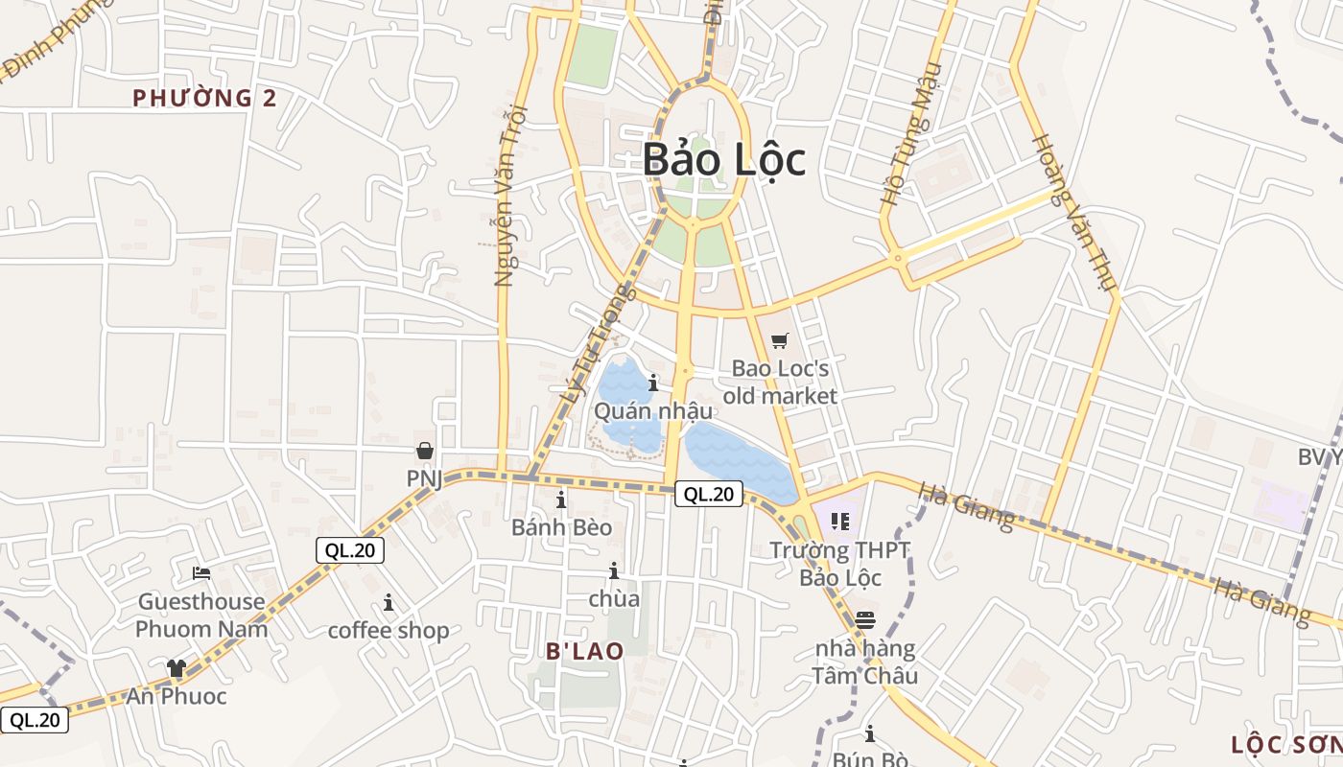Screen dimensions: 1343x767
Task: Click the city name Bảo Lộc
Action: coord(724,159)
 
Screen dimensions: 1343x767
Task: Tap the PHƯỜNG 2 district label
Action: coord(204,98)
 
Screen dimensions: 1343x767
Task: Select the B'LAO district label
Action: coord(585,651)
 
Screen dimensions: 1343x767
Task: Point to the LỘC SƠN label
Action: coord(1286,745)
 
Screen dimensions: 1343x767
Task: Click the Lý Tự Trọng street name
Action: coord(597,342)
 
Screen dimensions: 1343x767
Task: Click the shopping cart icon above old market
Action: coord(780,340)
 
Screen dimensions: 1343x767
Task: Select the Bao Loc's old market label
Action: coord(780,382)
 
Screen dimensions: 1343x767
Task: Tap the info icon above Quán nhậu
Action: coord(653,383)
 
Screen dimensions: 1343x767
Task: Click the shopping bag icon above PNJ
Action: coord(425,451)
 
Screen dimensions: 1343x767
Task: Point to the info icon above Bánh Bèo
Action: coord(561,500)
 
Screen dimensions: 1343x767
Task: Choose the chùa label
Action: coord(614,599)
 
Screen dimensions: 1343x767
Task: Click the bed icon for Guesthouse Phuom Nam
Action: coord(201,573)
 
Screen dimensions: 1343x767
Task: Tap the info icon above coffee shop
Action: coord(389,602)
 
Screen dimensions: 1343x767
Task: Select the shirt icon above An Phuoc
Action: coord(177,668)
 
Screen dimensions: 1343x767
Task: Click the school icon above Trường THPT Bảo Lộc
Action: coord(840,522)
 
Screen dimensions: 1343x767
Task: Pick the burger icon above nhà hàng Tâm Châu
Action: coord(865,619)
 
